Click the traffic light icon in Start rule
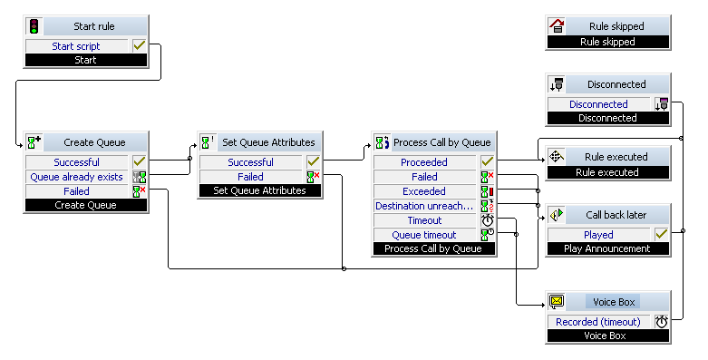click(34, 26)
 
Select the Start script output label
click(76, 46)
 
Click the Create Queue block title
click(94, 142)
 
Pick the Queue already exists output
click(76, 177)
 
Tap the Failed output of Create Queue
click(76, 191)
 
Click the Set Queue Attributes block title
click(268, 142)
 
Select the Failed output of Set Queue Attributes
click(250, 177)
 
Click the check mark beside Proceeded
click(487, 161)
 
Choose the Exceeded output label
click(424, 191)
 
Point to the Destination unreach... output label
click(424, 206)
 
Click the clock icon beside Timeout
click(487, 220)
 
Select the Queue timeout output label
click(424, 235)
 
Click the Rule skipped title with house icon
click(616, 26)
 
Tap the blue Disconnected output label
click(598, 104)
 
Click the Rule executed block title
click(616, 157)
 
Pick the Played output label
click(598, 235)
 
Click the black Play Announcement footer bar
click(607, 248)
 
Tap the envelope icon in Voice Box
click(557, 301)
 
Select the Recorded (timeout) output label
click(598, 322)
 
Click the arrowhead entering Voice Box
click(543, 305)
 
